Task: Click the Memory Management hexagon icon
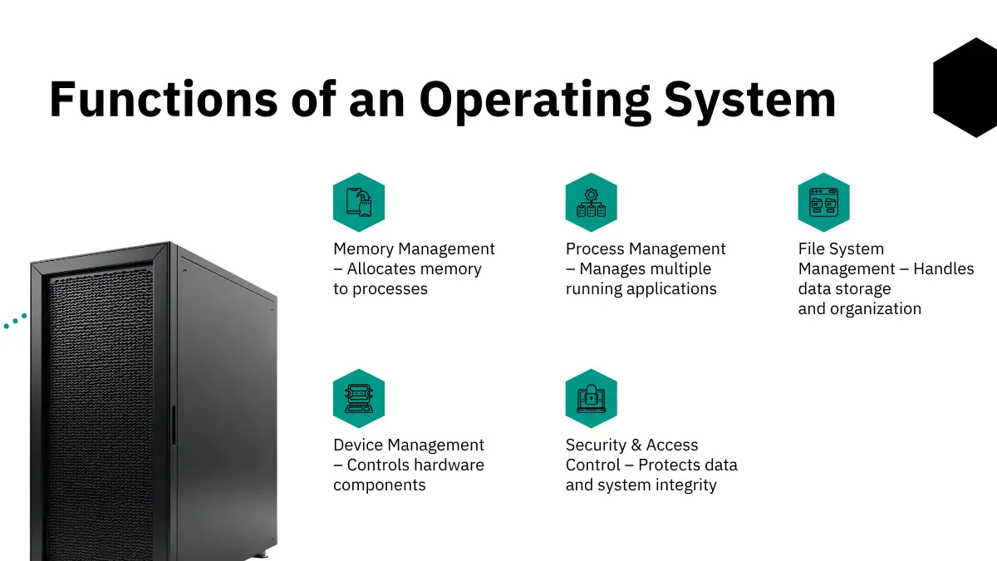coord(359,202)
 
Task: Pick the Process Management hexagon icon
coord(592,202)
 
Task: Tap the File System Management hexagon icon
coord(823,202)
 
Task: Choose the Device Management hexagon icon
coord(359,398)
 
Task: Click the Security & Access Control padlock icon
coord(592,398)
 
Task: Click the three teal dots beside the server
coord(14,322)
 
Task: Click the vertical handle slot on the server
coord(173,426)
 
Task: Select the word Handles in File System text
coord(944,269)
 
